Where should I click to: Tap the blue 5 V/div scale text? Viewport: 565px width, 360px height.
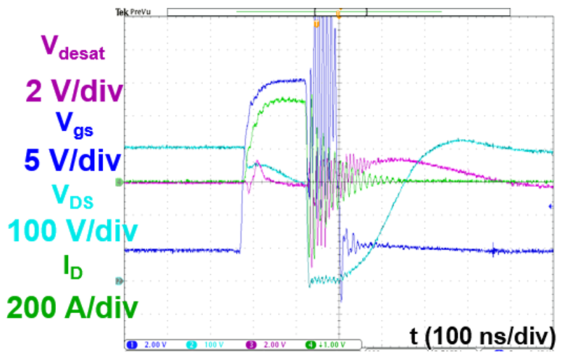pos(72,160)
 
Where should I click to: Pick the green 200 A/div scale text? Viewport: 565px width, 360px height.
pos(72,308)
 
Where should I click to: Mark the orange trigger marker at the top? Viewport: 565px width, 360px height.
pos(316,24)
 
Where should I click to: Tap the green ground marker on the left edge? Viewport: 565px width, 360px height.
pos(120,183)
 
